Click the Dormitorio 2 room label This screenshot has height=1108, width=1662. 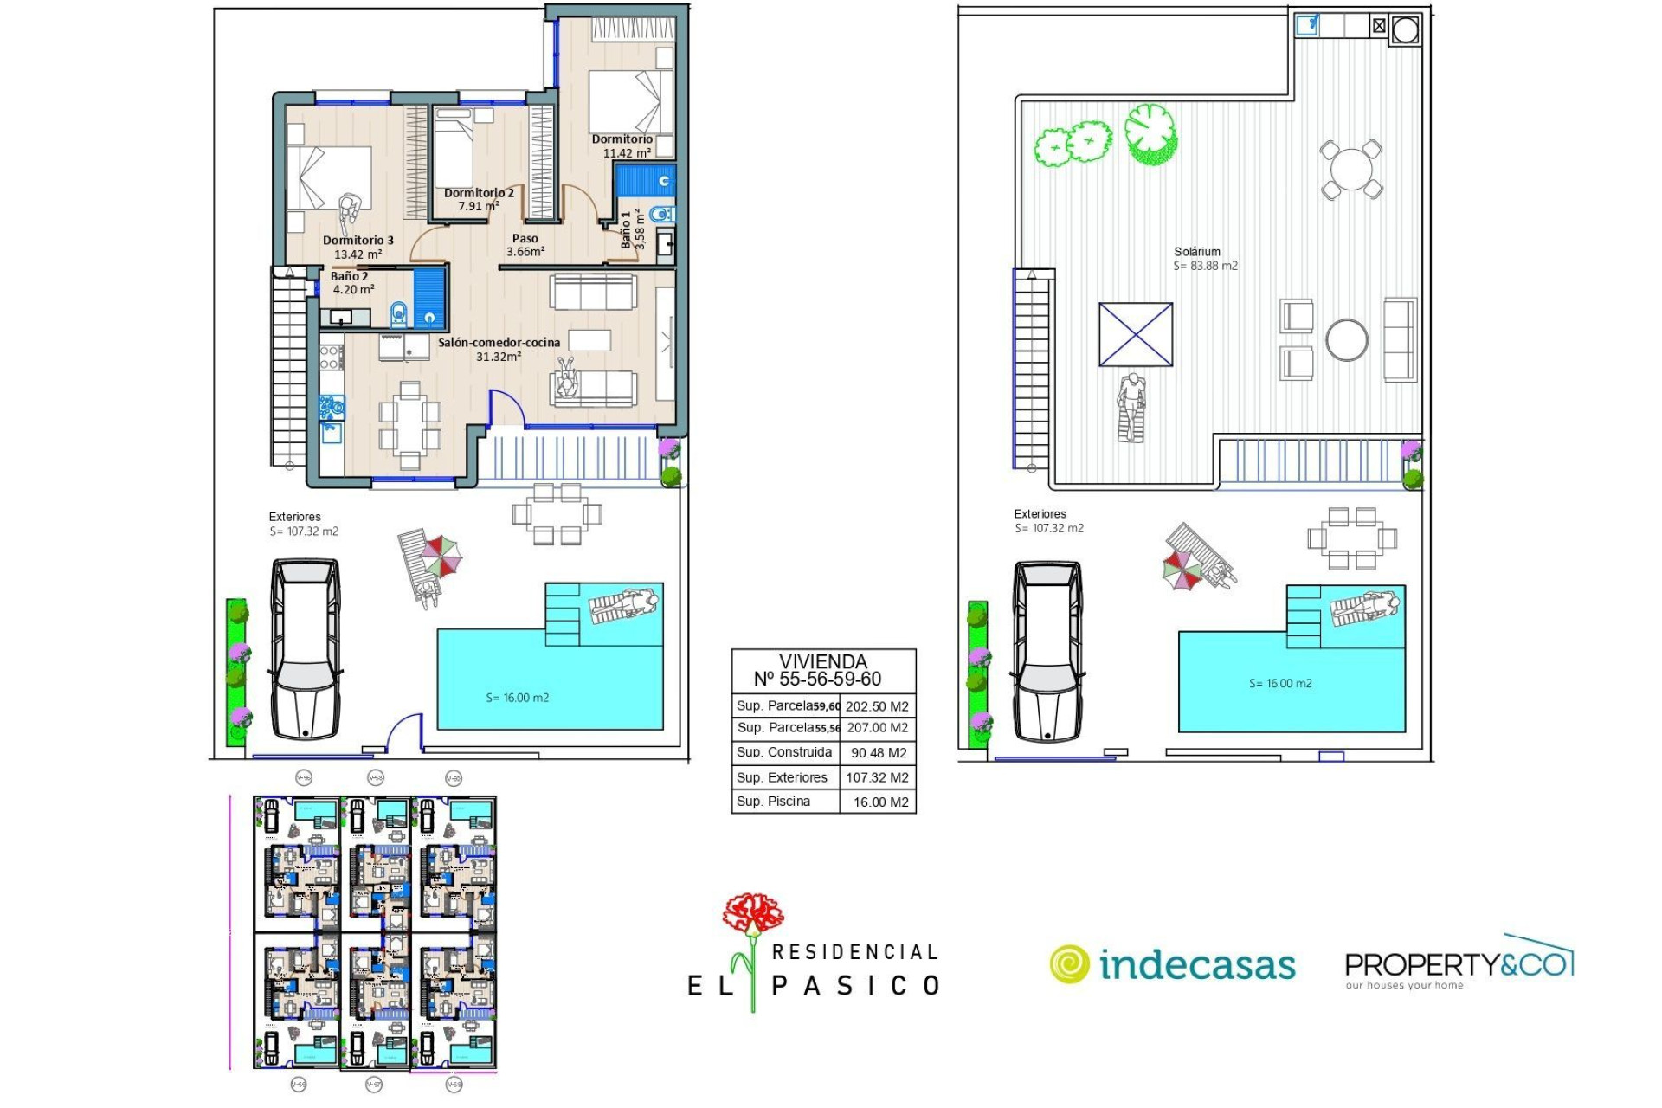coord(479,194)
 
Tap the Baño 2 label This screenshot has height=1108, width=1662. coord(350,277)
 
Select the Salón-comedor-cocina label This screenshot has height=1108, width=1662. coord(499,343)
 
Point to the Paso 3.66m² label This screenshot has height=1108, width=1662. coord(525,245)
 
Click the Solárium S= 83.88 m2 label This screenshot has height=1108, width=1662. coord(1205,259)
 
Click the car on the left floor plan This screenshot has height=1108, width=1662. coord(306,649)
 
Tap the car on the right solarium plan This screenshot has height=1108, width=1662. coord(1047,652)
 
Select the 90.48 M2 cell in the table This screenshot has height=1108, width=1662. coord(878,753)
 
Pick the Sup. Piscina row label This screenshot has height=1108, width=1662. coord(773,802)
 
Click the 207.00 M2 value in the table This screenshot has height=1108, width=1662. coord(878,728)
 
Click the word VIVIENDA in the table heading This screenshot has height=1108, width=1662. coord(822,661)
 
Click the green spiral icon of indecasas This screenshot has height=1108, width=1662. coord(1070,964)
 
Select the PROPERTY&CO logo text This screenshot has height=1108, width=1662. coord(1458,963)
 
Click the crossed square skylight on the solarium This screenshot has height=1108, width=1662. coord(1135,334)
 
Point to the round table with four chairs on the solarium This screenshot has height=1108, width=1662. coord(1350,170)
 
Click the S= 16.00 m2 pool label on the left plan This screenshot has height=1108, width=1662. coord(517,698)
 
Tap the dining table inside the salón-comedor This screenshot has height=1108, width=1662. coord(409,425)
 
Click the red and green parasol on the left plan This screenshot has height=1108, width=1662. coord(441,556)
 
